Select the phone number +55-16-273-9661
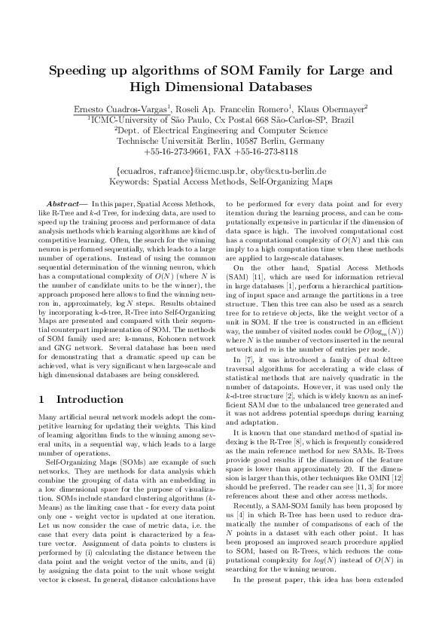(178, 151)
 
